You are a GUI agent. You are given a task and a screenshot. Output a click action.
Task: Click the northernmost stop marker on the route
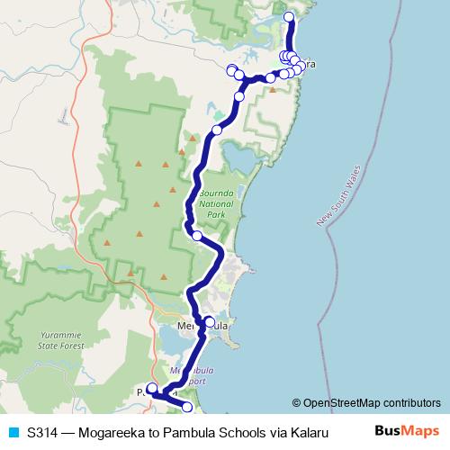[289, 17]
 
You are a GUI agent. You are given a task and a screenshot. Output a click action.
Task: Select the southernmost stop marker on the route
[187, 408]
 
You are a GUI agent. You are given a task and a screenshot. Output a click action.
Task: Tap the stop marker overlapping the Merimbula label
[210, 321]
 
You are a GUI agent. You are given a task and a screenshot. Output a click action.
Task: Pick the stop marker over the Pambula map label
[152, 389]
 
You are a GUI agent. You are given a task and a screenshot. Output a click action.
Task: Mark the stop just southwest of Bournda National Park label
[197, 236]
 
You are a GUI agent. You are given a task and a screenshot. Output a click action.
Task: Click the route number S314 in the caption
[44, 433]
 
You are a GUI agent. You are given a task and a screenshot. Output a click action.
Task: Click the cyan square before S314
[13, 433]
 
